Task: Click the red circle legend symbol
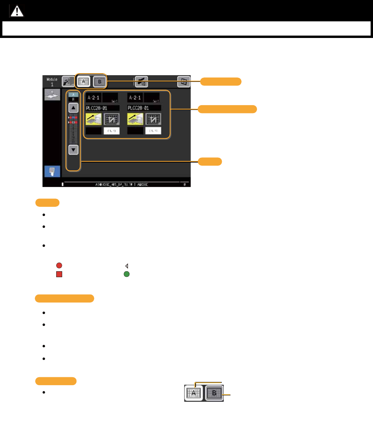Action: [59, 266]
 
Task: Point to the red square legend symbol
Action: [59, 274]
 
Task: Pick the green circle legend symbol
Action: [127, 274]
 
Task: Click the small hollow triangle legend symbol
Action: [127, 266]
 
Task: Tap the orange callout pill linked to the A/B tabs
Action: [221, 81]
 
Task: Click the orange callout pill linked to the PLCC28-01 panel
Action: [227, 109]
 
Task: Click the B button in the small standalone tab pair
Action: [214, 394]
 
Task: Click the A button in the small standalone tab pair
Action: [194, 394]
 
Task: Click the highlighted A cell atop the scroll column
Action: [73, 95]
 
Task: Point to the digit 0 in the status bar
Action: [184, 184]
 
